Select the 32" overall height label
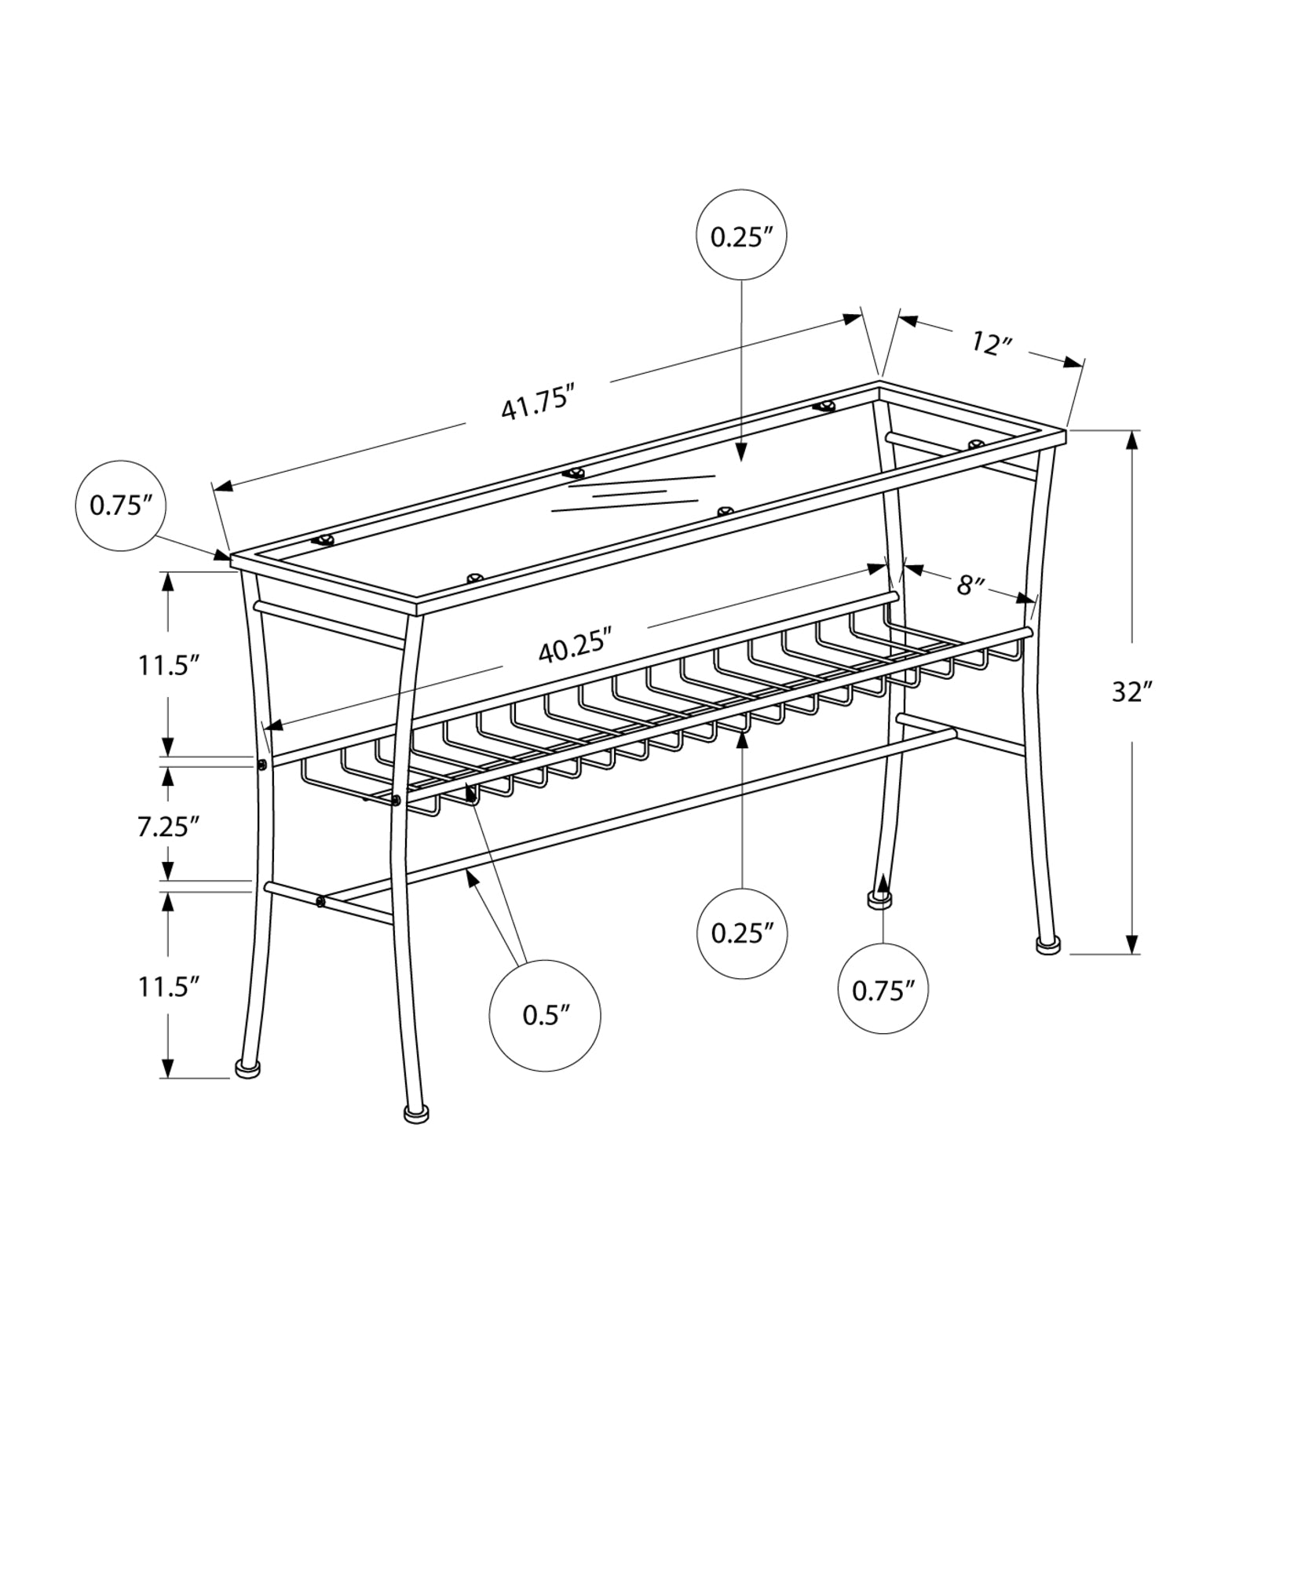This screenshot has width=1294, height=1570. tap(1131, 692)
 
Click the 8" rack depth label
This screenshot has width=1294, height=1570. tap(970, 585)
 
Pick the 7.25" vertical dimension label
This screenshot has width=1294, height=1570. tap(168, 826)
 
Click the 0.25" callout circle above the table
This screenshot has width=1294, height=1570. tap(741, 235)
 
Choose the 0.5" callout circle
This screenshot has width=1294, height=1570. tap(544, 1015)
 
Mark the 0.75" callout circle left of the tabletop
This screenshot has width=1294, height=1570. tap(120, 506)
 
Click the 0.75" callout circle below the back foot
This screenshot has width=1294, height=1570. tap(883, 990)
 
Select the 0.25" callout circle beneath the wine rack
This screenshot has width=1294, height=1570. tap(742, 933)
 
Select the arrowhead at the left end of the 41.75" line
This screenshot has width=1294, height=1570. tap(224, 486)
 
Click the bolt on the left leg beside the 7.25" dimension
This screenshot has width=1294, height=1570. tap(261, 764)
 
